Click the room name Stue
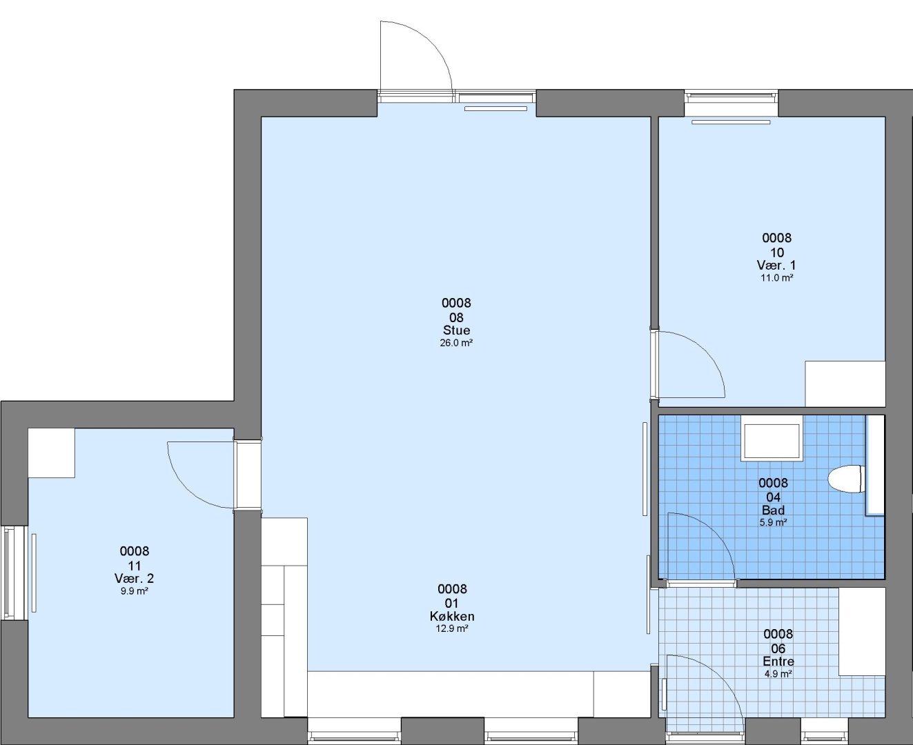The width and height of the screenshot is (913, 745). point(456,330)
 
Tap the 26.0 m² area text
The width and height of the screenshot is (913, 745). point(456,343)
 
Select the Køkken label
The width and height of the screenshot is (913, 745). point(452,616)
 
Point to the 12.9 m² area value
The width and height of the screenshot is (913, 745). point(452,628)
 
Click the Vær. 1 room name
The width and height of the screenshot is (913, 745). point(776,265)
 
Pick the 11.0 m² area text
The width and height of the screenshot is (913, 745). point(777,278)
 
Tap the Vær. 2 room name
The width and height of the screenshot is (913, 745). point(134,579)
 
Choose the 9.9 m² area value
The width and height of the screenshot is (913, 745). point(135,591)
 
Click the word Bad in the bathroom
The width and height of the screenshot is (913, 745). point(773,510)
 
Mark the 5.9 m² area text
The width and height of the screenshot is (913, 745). point(773,522)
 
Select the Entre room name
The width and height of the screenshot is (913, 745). point(778,662)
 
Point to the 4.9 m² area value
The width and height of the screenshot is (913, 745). point(778,674)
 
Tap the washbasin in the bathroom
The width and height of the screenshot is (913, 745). point(772,439)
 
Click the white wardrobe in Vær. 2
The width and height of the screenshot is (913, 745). point(52,453)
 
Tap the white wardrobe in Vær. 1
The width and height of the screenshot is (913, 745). point(845,384)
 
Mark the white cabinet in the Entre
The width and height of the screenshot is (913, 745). point(862,631)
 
